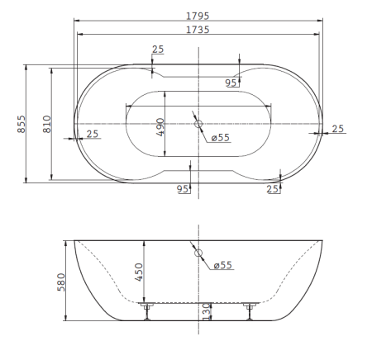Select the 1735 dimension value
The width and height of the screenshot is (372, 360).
click(x=197, y=29)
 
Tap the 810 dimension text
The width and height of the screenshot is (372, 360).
click(x=47, y=125)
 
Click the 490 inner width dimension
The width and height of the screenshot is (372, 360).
click(x=160, y=127)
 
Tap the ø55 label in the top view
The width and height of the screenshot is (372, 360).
click(x=219, y=138)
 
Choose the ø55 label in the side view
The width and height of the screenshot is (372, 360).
click(x=222, y=265)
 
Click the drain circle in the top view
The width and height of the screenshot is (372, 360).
click(x=198, y=125)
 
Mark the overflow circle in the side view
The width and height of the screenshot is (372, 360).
click(x=198, y=254)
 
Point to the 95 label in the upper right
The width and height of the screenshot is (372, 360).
click(x=231, y=82)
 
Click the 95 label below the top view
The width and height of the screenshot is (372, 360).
click(x=184, y=189)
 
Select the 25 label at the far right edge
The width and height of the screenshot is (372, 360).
click(x=337, y=129)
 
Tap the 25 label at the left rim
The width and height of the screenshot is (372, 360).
click(x=92, y=134)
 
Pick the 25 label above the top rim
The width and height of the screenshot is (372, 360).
click(x=157, y=50)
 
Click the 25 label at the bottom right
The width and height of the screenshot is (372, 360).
click(x=274, y=189)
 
